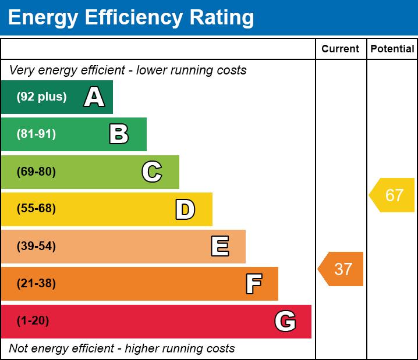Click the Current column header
click(341, 49)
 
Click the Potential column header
click(392, 49)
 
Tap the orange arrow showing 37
click(342, 269)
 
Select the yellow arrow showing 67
click(393, 195)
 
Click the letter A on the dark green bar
click(94, 97)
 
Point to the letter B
click(119, 134)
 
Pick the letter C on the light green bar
click(152, 172)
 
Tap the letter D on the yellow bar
click(185, 209)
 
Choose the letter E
click(219, 247)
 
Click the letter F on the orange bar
click(253, 284)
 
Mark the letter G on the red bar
click(285, 321)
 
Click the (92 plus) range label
click(41, 97)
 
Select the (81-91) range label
click(36, 134)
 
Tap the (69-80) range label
click(36, 172)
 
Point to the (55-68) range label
click(36, 209)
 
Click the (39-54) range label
click(36, 246)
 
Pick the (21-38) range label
click(36, 284)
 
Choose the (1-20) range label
click(33, 321)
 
